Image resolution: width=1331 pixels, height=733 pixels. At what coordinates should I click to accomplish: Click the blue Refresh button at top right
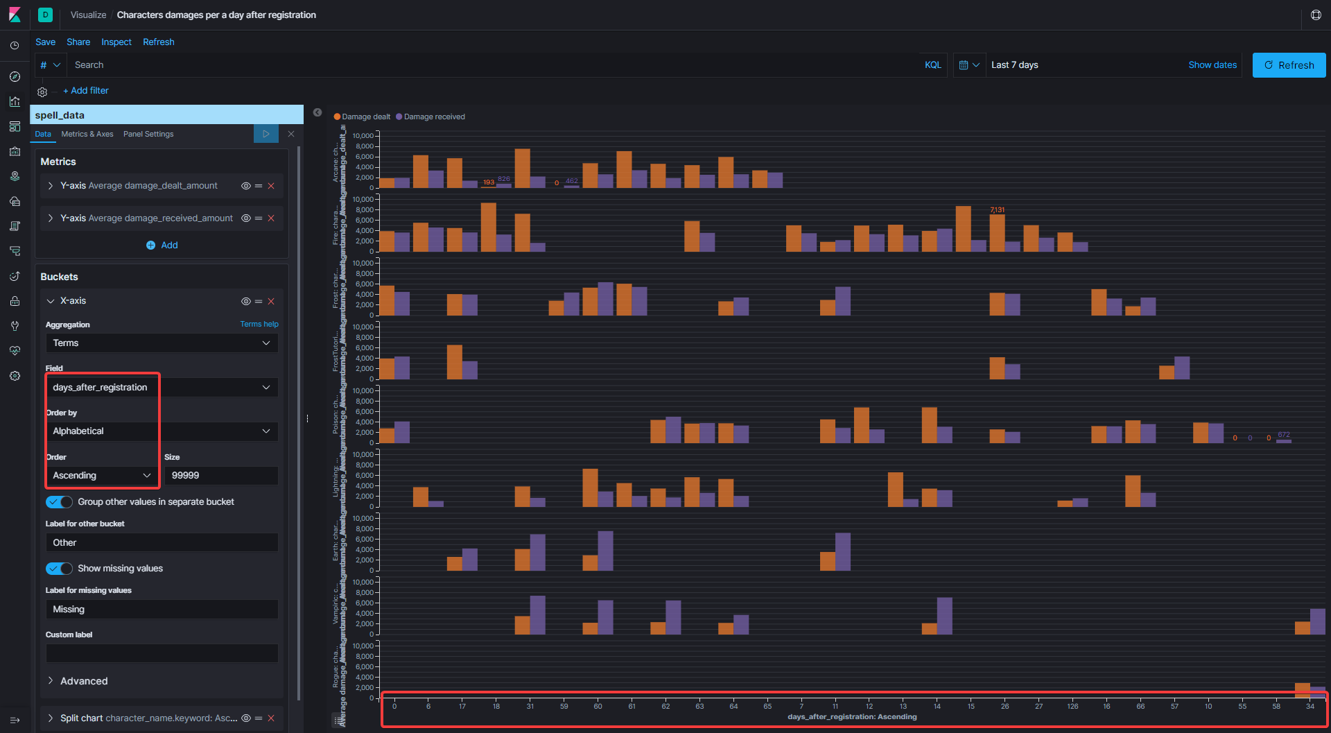(x=1288, y=65)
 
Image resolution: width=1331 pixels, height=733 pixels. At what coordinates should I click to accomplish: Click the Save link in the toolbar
(x=45, y=42)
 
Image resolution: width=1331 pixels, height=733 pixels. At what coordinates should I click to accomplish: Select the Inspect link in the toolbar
(x=116, y=42)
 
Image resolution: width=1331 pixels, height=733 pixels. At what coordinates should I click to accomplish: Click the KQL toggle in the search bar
(x=932, y=65)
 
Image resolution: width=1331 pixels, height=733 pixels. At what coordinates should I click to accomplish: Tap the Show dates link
(x=1212, y=65)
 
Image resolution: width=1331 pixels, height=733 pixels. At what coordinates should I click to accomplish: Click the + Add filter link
(x=86, y=91)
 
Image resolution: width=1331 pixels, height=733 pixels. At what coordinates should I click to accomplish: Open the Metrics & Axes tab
(x=87, y=135)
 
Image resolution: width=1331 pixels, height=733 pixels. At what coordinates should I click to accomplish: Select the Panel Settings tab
(x=148, y=135)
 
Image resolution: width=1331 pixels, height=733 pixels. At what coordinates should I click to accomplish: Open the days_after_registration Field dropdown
(x=162, y=388)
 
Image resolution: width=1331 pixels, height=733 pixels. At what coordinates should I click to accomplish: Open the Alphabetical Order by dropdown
(x=162, y=431)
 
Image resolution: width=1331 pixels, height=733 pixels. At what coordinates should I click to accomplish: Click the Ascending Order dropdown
(x=102, y=476)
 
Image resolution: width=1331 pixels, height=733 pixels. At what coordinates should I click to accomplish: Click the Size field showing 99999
(x=220, y=476)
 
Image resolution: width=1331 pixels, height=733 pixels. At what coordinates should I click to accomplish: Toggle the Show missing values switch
(x=59, y=569)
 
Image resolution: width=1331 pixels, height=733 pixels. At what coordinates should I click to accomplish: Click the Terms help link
(x=259, y=325)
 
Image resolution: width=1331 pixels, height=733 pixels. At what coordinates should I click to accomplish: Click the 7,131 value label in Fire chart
(x=997, y=210)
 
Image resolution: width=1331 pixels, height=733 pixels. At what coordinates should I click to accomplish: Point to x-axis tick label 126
(x=1072, y=707)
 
